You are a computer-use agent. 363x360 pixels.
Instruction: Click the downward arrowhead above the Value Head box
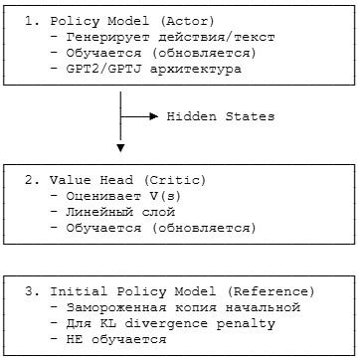point(120,148)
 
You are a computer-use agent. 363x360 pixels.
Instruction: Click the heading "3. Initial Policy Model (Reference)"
point(169,291)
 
